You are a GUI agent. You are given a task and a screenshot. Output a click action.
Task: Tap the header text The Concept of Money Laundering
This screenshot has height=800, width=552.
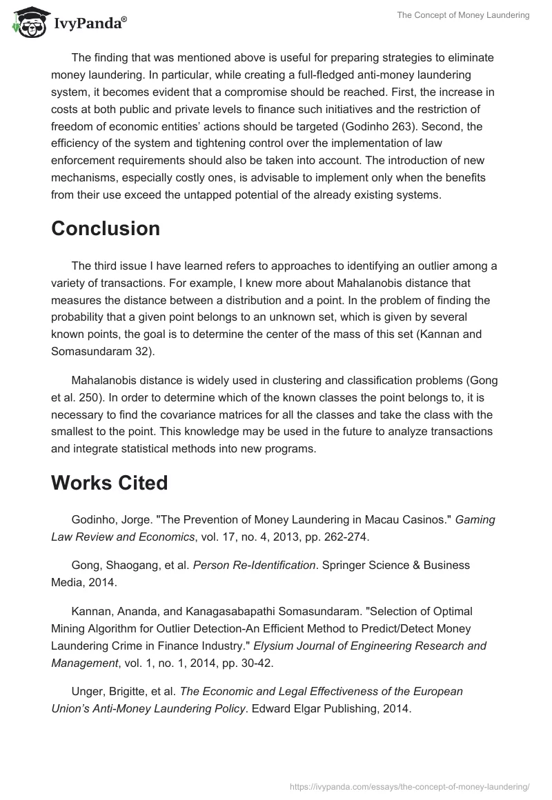pos(463,16)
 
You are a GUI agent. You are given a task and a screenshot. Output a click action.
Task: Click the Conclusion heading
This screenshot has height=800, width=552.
pos(106,228)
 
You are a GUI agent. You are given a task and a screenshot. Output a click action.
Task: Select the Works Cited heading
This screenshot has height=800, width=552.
pos(110,483)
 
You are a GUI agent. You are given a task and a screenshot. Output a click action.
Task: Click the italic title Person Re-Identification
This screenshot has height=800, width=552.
pos(254,565)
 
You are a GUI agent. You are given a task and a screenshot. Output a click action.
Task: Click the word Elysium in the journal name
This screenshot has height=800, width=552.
pos(274,646)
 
